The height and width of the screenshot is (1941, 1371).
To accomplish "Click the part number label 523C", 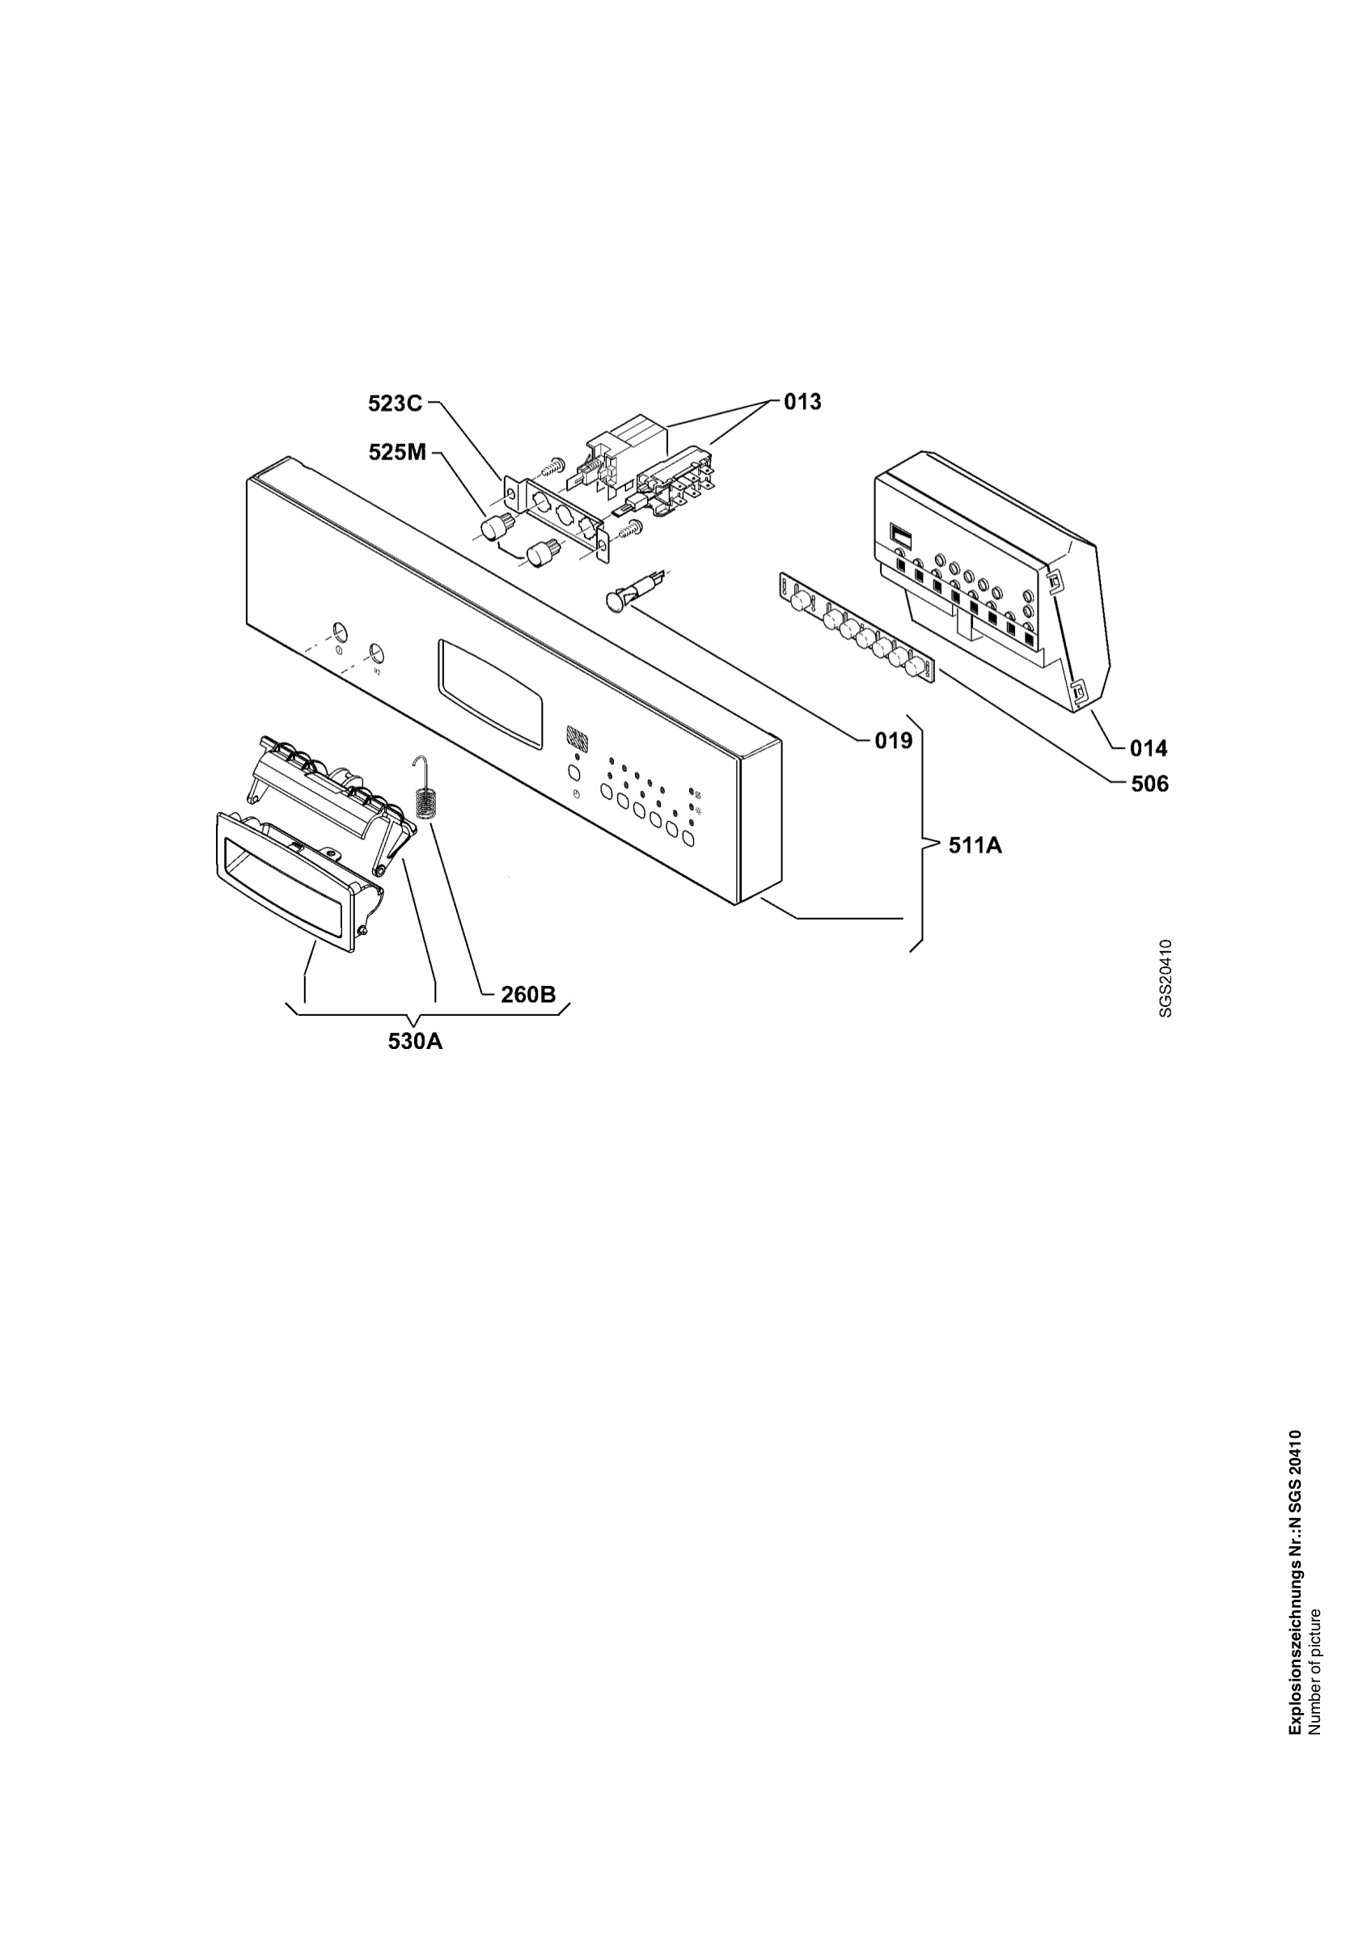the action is point(395,404).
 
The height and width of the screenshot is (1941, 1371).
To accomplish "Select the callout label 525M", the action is point(397,453).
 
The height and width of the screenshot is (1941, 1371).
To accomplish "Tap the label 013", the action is point(802,402).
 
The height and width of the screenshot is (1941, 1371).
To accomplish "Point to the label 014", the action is point(1149,748).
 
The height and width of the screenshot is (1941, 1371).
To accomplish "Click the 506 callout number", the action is point(1149,784).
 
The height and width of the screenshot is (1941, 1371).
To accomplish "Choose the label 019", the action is point(894,741).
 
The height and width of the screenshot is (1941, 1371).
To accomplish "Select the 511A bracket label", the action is point(975,844).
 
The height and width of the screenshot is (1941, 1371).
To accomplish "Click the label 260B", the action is point(528,995).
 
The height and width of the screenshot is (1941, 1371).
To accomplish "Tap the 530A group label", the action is point(415,1041).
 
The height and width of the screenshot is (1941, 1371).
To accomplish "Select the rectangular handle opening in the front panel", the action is point(489,695).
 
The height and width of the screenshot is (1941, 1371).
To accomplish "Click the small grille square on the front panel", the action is point(576,734).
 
